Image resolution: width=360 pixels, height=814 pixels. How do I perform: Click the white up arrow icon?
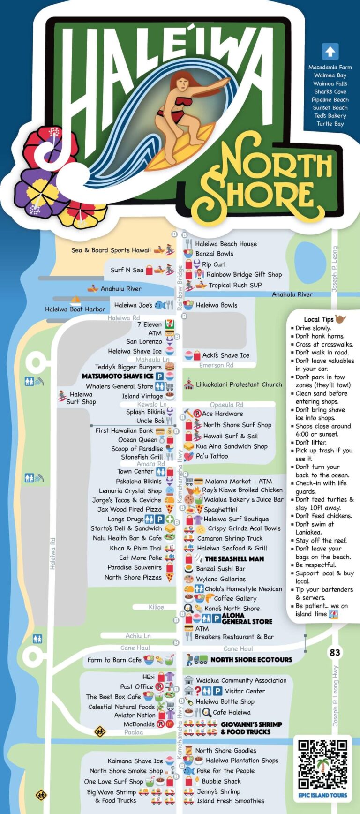point(330,52)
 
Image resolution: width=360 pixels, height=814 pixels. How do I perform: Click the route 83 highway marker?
point(335,652)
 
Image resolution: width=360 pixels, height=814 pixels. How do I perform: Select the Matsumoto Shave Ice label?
point(118,376)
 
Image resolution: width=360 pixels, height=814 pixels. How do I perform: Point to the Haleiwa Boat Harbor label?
point(75,309)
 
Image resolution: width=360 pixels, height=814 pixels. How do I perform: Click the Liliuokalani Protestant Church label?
point(239,384)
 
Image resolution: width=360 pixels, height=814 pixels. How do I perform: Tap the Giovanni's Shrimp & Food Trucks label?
point(251,728)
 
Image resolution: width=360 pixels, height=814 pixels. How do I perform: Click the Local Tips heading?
point(319,319)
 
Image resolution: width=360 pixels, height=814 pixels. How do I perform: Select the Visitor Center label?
point(245,691)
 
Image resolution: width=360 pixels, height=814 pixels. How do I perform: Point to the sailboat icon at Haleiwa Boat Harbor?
point(75,301)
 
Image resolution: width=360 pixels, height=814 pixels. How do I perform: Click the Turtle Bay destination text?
point(330,124)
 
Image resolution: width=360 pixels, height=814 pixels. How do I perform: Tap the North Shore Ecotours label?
point(251,660)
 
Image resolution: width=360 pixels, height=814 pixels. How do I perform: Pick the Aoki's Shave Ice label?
point(225,355)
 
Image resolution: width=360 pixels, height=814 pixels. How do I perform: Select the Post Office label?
point(136,686)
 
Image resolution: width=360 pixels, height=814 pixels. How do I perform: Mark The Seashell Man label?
point(234,559)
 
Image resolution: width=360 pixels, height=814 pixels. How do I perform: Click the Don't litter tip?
point(311,442)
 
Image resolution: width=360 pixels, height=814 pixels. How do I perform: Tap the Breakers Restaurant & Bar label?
point(234,637)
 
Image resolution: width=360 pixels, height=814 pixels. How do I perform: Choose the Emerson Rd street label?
point(216,365)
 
